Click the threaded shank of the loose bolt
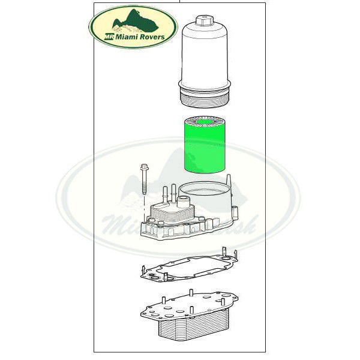tap(145, 183)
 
